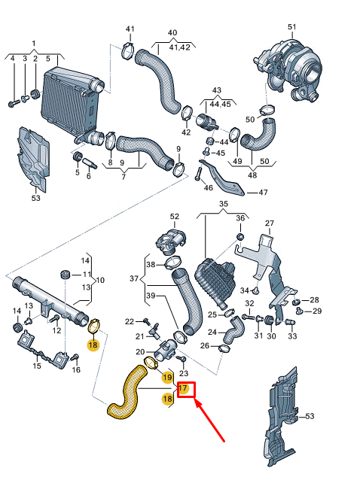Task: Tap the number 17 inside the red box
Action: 182,388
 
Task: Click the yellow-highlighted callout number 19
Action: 167,376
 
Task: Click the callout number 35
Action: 223,204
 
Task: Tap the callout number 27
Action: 270,223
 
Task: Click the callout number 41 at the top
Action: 130,29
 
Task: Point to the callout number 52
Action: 175,217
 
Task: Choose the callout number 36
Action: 240,218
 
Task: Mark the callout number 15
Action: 36,366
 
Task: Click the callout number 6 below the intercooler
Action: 88,176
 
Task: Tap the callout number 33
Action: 293,336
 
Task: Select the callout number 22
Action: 129,321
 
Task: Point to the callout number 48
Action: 252,175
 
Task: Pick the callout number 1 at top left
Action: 33,43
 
